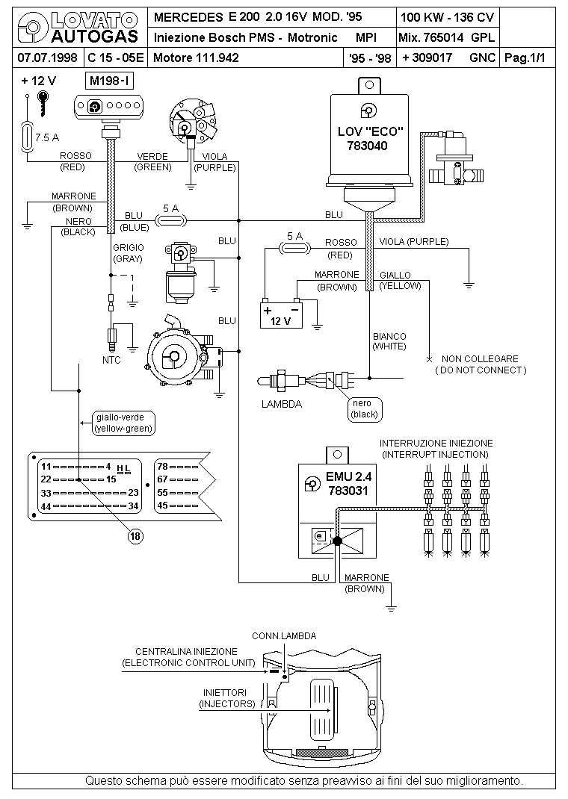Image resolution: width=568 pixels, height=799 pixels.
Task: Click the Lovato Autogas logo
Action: tap(78, 28)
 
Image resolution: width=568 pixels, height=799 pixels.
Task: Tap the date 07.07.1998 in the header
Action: tap(47, 57)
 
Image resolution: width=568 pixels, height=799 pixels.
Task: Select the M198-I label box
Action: tap(110, 81)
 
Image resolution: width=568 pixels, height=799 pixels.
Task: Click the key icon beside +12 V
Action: tap(44, 103)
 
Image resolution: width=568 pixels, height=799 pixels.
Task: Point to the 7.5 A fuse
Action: tap(27, 137)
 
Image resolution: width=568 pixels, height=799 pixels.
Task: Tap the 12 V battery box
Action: tap(281, 315)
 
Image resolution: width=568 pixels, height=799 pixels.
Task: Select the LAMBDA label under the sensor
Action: tap(282, 404)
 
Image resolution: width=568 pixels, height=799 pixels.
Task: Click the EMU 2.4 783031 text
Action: tap(349, 484)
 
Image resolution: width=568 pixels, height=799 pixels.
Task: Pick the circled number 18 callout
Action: tap(135, 536)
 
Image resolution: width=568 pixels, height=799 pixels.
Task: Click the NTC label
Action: tap(111, 360)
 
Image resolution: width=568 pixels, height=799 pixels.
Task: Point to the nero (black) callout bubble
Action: tap(365, 409)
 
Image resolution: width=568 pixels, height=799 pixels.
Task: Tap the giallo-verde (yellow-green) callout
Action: tap(124, 423)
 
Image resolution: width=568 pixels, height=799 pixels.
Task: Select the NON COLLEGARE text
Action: tap(480, 358)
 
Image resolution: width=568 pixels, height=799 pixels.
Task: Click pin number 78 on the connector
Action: tap(163, 466)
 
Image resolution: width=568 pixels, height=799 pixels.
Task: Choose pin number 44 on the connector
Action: tap(46, 506)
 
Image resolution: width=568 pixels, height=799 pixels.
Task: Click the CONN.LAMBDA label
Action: tap(284, 636)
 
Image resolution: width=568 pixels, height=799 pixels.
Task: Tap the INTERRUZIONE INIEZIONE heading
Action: tap(436, 444)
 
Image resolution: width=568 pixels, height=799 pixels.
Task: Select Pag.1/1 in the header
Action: tap(525, 57)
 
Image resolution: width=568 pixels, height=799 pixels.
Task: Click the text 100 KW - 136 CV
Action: tap(447, 17)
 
